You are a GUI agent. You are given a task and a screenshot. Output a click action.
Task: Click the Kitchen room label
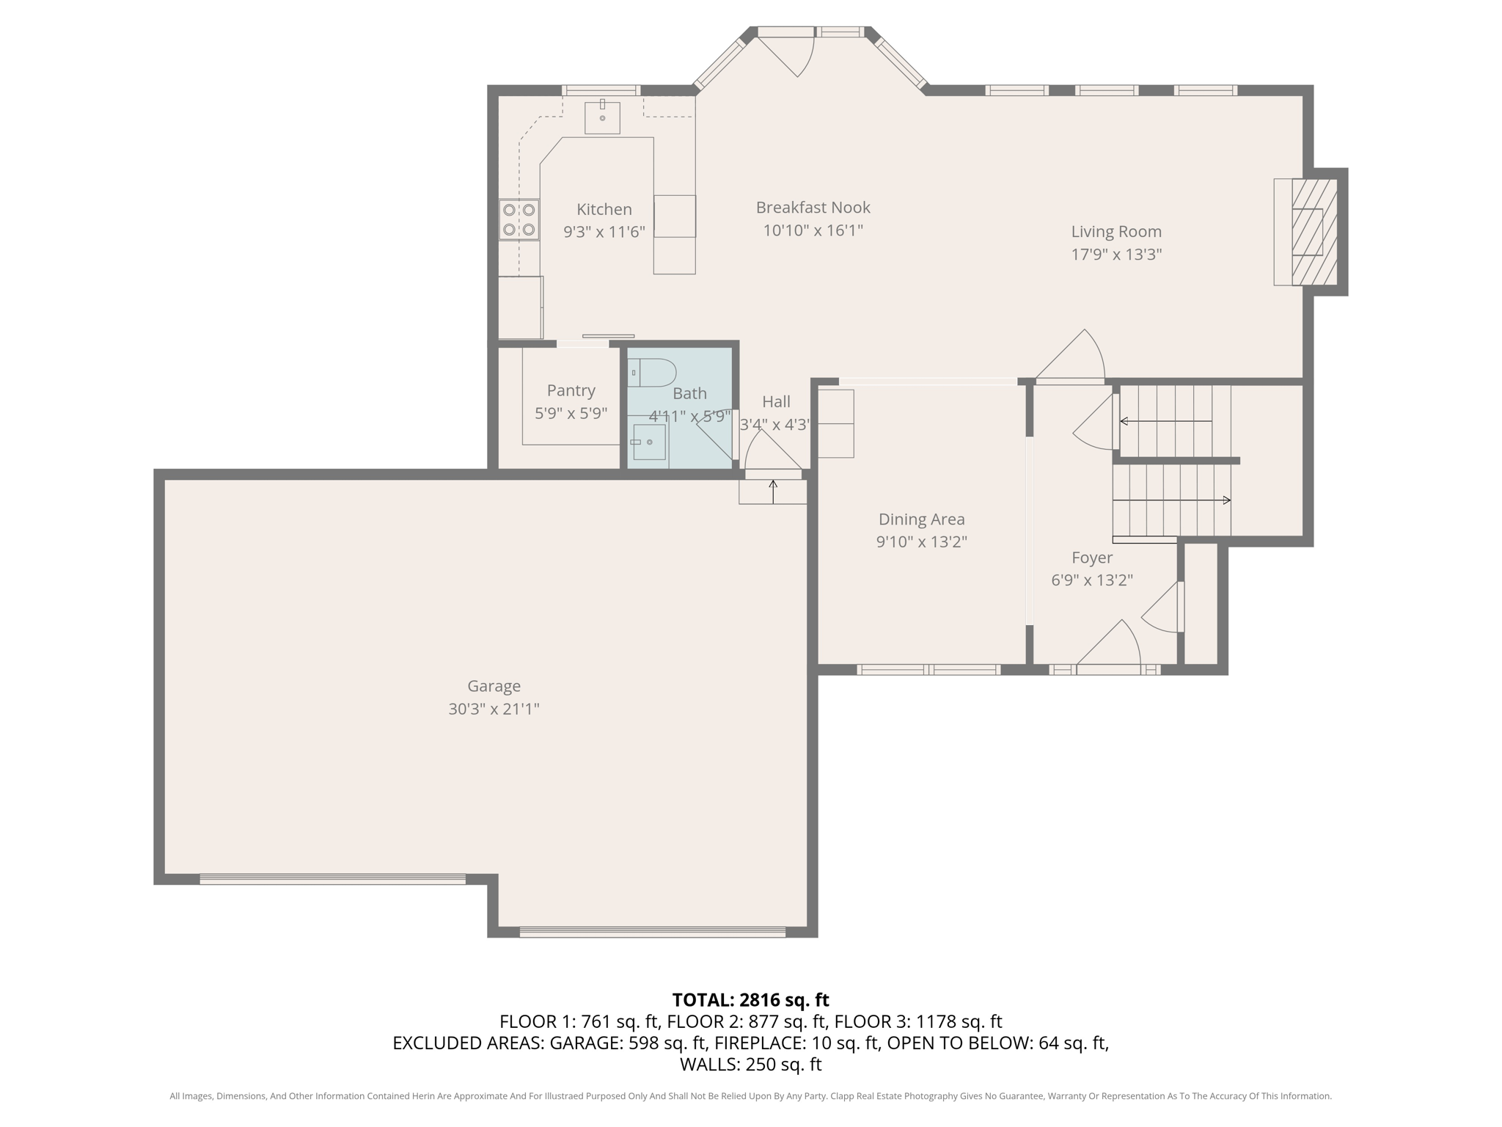[604, 209]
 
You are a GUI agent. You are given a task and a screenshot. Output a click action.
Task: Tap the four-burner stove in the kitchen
[519, 219]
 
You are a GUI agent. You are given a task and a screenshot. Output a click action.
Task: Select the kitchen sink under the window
[602, 117]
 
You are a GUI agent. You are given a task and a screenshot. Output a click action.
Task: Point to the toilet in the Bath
[652, 373]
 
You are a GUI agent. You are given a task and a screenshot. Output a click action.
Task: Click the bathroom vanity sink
[648, 442]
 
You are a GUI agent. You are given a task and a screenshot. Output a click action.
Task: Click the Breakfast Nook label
[813, 208]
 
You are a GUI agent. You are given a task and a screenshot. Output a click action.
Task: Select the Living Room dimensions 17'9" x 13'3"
[1116, 255]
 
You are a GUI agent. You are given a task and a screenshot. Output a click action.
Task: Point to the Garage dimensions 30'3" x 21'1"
[494, 709]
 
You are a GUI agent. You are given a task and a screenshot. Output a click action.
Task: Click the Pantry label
[571, 390]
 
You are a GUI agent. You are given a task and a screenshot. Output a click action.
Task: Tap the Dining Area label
[922, 519]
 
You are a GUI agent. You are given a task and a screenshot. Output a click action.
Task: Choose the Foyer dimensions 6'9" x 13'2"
[1092, 580]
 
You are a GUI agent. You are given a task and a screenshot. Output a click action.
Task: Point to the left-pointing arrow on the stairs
[1166, 421]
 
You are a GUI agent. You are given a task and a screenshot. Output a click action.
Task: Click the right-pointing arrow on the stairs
[1172, 500]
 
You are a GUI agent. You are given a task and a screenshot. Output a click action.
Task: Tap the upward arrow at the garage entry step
[773, 492]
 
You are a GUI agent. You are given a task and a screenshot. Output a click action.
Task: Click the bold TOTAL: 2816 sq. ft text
[750, 1000]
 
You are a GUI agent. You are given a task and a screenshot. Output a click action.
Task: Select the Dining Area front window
[928, 669]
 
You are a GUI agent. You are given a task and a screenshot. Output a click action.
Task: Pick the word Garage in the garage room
[494, 686]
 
